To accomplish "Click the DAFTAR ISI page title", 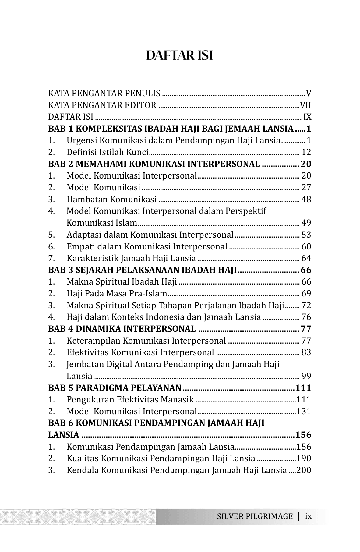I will coord(179,56).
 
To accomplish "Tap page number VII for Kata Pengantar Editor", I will coord(305,105).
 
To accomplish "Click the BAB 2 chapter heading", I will coord(154,164).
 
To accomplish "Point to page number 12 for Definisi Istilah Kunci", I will coord(306,152).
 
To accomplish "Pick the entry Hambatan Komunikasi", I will coord(111,200).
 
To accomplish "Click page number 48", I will coord(306,200).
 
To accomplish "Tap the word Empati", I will coord(80,247).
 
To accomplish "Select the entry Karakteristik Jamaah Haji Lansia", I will coord(131,258).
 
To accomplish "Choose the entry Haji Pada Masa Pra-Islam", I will coord(117,294).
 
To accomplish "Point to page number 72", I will coord(306,306).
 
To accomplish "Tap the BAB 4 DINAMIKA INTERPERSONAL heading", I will coord(122,329).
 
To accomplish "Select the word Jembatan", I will coord(84,364).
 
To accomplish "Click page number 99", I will coord(306,376).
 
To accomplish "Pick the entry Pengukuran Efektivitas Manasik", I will coord(130,400).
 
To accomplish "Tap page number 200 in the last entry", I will coord(304,470).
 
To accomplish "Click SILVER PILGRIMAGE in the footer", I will coord(255,516).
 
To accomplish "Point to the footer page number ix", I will coord(309,516).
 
